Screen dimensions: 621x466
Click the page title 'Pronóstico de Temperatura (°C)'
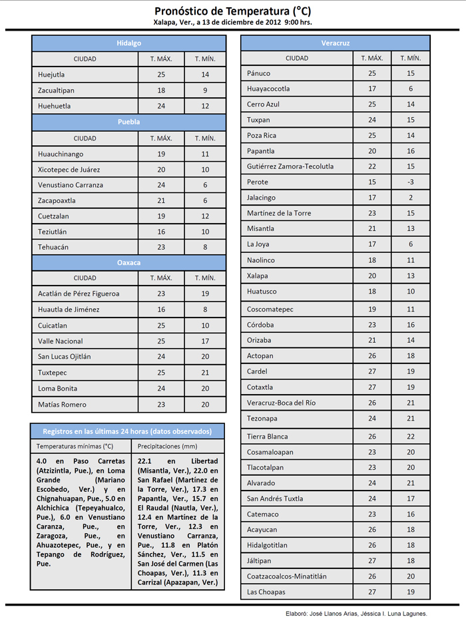(x=232, y=11)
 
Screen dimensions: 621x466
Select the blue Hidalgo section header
(x=129, y=43)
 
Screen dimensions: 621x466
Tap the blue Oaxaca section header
(x=129, y=263)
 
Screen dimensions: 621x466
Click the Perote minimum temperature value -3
(x=411, y=182)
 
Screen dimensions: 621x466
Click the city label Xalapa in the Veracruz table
(x=258, y=276)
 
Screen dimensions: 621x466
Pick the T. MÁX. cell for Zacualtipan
(x=161, y=90)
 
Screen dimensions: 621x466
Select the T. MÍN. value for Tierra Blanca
(x=411, y=437)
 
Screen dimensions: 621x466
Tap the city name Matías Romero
(x=63, y=405)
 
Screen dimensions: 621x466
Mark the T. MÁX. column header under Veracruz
(x=372, y=59)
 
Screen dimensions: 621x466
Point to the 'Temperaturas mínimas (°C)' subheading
(x=75, y=446)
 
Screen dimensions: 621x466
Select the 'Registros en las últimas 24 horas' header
(x=127, y=431)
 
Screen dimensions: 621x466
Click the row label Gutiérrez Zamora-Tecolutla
(x=290, y=166)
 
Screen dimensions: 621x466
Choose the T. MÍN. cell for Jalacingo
(x=411, y=198)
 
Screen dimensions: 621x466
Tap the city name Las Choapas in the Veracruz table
(x=266, y=592)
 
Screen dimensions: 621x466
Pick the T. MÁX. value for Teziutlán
(x=161, y=232)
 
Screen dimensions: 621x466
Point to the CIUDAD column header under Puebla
(x=85, y=138)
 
